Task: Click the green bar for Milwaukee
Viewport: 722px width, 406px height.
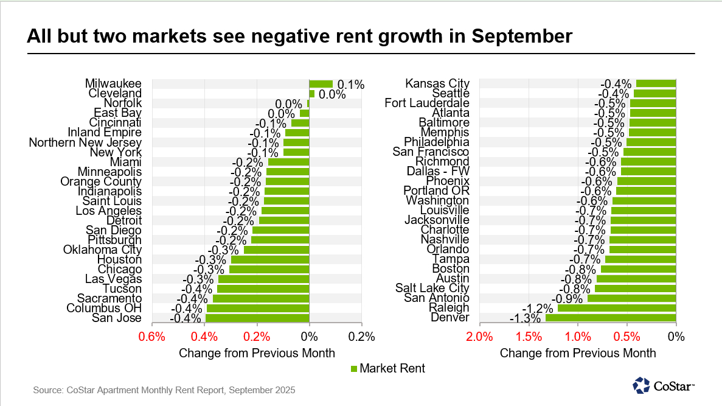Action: click(x=321, y=84)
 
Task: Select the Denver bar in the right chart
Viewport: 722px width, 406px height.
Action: click(x=611, y=318)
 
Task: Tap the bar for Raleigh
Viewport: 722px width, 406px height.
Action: click(x=617, y=308)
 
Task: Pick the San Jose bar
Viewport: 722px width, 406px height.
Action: click(x=257, y=318)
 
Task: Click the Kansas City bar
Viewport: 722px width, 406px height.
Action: click(x=656, y=84)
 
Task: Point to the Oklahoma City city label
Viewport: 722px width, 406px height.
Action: click(x=102, y=250)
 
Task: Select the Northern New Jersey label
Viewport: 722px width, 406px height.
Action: click(x=85, y=142)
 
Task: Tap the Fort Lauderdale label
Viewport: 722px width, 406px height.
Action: click(x=427, y=103)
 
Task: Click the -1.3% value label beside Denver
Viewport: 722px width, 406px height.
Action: click(x=527, y=318)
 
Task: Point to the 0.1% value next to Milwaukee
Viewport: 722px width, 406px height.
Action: click(x=350, y=85)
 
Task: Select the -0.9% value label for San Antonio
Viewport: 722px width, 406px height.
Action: click(x=568, y=298)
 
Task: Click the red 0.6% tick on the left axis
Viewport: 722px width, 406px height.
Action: click(x=152, y=337)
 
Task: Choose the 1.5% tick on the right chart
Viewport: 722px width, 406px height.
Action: click(x=529, y=337)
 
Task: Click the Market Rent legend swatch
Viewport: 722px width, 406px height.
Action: click(x=354, y=368)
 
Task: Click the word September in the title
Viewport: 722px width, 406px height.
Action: click(x=521, y=37)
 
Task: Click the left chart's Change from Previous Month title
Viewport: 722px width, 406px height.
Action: click(x=257, y=353)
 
